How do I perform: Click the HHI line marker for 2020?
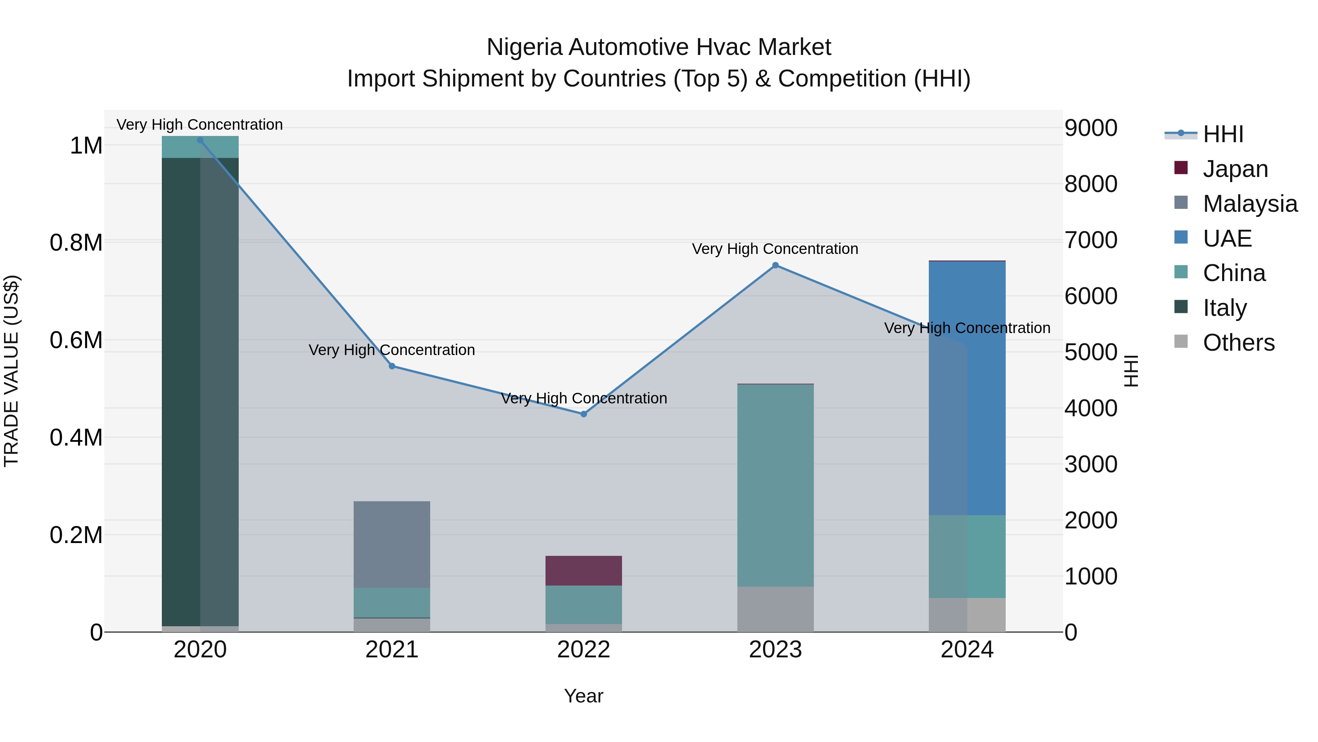click(200, 140)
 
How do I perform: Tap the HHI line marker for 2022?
click(584, 414)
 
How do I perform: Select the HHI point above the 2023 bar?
click(775, 265)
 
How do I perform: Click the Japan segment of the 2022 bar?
click(584, 571)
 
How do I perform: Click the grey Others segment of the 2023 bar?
click(775, 609)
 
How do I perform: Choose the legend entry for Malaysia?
click(1250, 203)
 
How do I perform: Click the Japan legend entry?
click(1235, 169)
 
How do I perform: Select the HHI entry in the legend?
click(1223, 134)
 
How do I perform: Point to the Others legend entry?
click(1238, 342)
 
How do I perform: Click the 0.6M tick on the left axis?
click(76, 340)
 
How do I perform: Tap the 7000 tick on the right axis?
click(1091, 240)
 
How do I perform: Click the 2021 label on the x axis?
click(392, 649)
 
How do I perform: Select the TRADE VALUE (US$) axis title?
click(12, 371)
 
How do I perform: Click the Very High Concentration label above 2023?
click(775, 249)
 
